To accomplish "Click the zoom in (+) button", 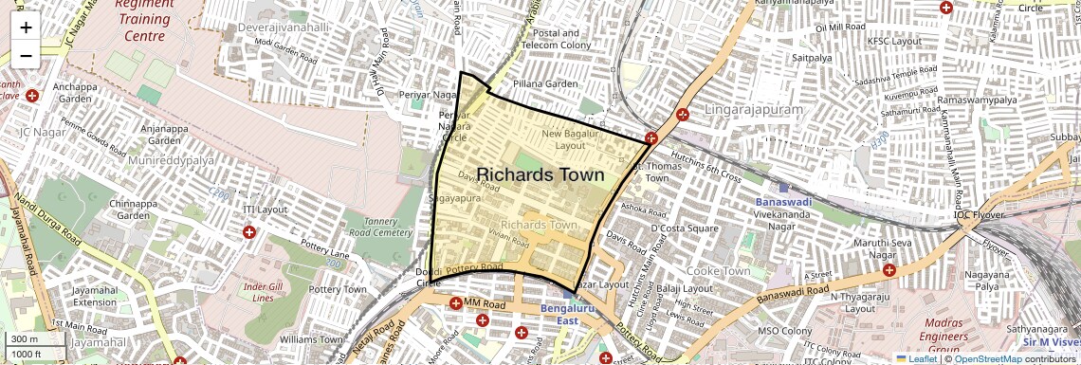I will [x=26, y=27].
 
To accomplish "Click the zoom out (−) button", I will [x=26, y=56].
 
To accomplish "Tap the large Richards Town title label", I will [x=540, y=175].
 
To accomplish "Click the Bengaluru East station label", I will [x=567, y=315].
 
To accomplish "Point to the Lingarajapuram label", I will [x=753, y=111].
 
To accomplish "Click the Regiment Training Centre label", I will [x=145, y=20].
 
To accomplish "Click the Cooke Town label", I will [x=718, y=271].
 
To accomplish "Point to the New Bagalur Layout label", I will [x=571, y=139].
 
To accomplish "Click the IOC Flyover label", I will [x=980, y=214].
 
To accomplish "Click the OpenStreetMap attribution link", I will [x=987, y=358].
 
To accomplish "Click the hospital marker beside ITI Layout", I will [x=249, y=231].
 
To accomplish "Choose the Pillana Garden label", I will [x=545, y=84].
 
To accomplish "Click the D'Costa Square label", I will [x=685, y=228].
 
